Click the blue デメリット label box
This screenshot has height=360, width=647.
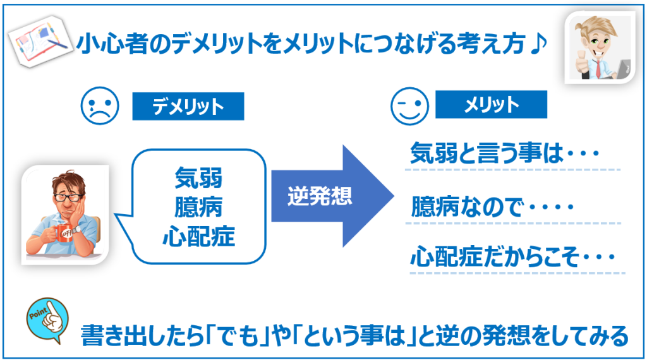(x=188, y=106)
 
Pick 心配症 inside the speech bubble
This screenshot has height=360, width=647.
(x=198, y=236)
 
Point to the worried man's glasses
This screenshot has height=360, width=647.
(x=66, y=197)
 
